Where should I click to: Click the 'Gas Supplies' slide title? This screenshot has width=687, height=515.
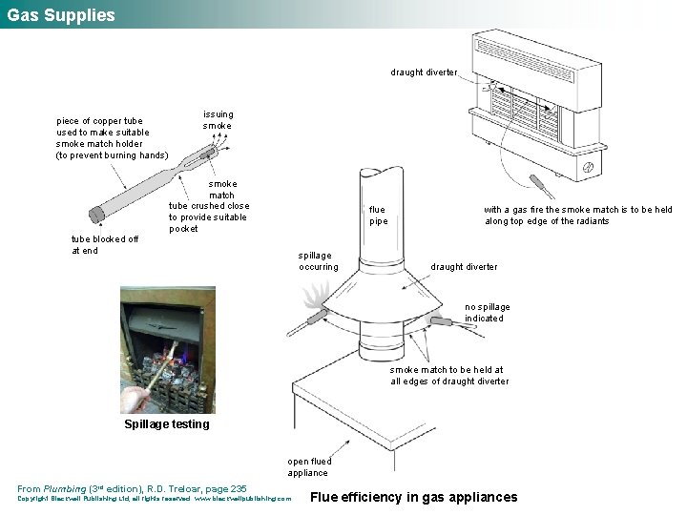coord(61,15)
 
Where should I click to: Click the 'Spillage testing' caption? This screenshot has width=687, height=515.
coord(166,424)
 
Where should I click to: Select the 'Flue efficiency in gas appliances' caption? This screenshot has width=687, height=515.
coord(414,497)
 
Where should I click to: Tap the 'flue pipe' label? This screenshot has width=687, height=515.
coord(377,216)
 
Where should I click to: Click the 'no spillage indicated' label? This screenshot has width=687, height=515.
coord(487,313)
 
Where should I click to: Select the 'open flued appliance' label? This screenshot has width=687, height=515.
coord(307,467)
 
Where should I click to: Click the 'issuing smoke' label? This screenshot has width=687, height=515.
coord(217,120)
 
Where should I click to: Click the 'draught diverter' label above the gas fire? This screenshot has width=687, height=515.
coord(424,72)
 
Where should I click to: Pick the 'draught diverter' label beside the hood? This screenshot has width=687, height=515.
coord(464,267)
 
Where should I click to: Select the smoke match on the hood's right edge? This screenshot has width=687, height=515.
coord(442,321)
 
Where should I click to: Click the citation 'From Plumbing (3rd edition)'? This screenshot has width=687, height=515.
coord(132,488)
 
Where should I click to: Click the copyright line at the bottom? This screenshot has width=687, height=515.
coord(154,499)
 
